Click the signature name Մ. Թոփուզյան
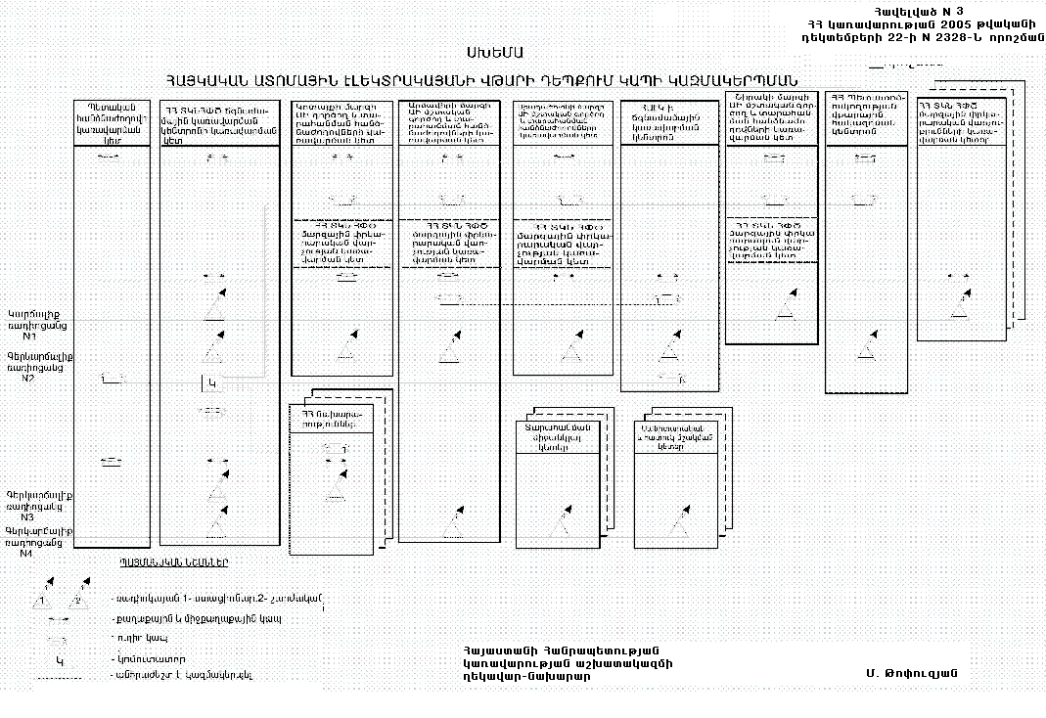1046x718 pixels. (910, 673)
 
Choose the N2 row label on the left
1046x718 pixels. (28, 379)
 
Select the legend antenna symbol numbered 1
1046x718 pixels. (44, 596)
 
